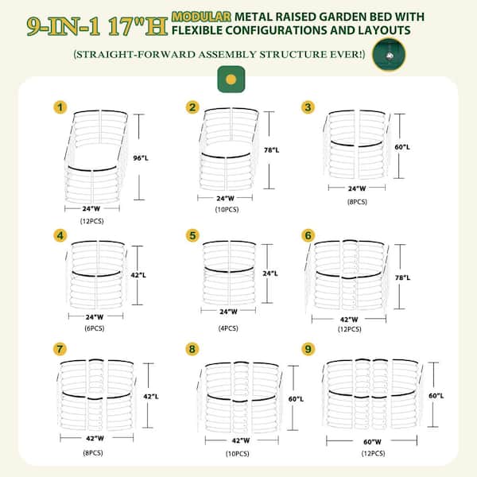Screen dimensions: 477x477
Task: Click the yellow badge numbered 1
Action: (60, 107)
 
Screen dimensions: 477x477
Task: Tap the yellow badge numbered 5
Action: (192, 235)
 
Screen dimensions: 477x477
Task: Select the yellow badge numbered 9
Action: (308, 349)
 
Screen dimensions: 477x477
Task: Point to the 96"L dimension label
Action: (141, 158)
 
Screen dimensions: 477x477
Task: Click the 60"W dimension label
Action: (372, 442)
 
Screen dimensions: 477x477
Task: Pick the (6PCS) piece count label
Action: (95, 328)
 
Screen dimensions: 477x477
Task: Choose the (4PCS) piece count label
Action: (228, 328)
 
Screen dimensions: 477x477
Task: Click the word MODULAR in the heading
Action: (201, 17)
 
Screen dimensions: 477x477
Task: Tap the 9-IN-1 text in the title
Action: (64, 26)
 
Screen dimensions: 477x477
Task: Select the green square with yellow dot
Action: (231, 79)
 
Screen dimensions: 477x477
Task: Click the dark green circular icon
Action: (389, 55)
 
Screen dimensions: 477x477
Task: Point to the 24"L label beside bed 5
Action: (270, 273)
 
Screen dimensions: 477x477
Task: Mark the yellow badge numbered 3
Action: (308, 107)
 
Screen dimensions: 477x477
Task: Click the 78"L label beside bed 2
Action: (271, 150)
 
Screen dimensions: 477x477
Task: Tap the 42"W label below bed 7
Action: (95, 438)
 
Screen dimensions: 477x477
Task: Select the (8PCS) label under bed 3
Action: (357, 202)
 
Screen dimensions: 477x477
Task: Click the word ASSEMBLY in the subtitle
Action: (227, 54)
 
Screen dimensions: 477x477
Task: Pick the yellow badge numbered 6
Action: (308, 235)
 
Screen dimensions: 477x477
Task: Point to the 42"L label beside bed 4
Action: (138, 275)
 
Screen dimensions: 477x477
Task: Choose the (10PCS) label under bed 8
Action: (237, 454)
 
